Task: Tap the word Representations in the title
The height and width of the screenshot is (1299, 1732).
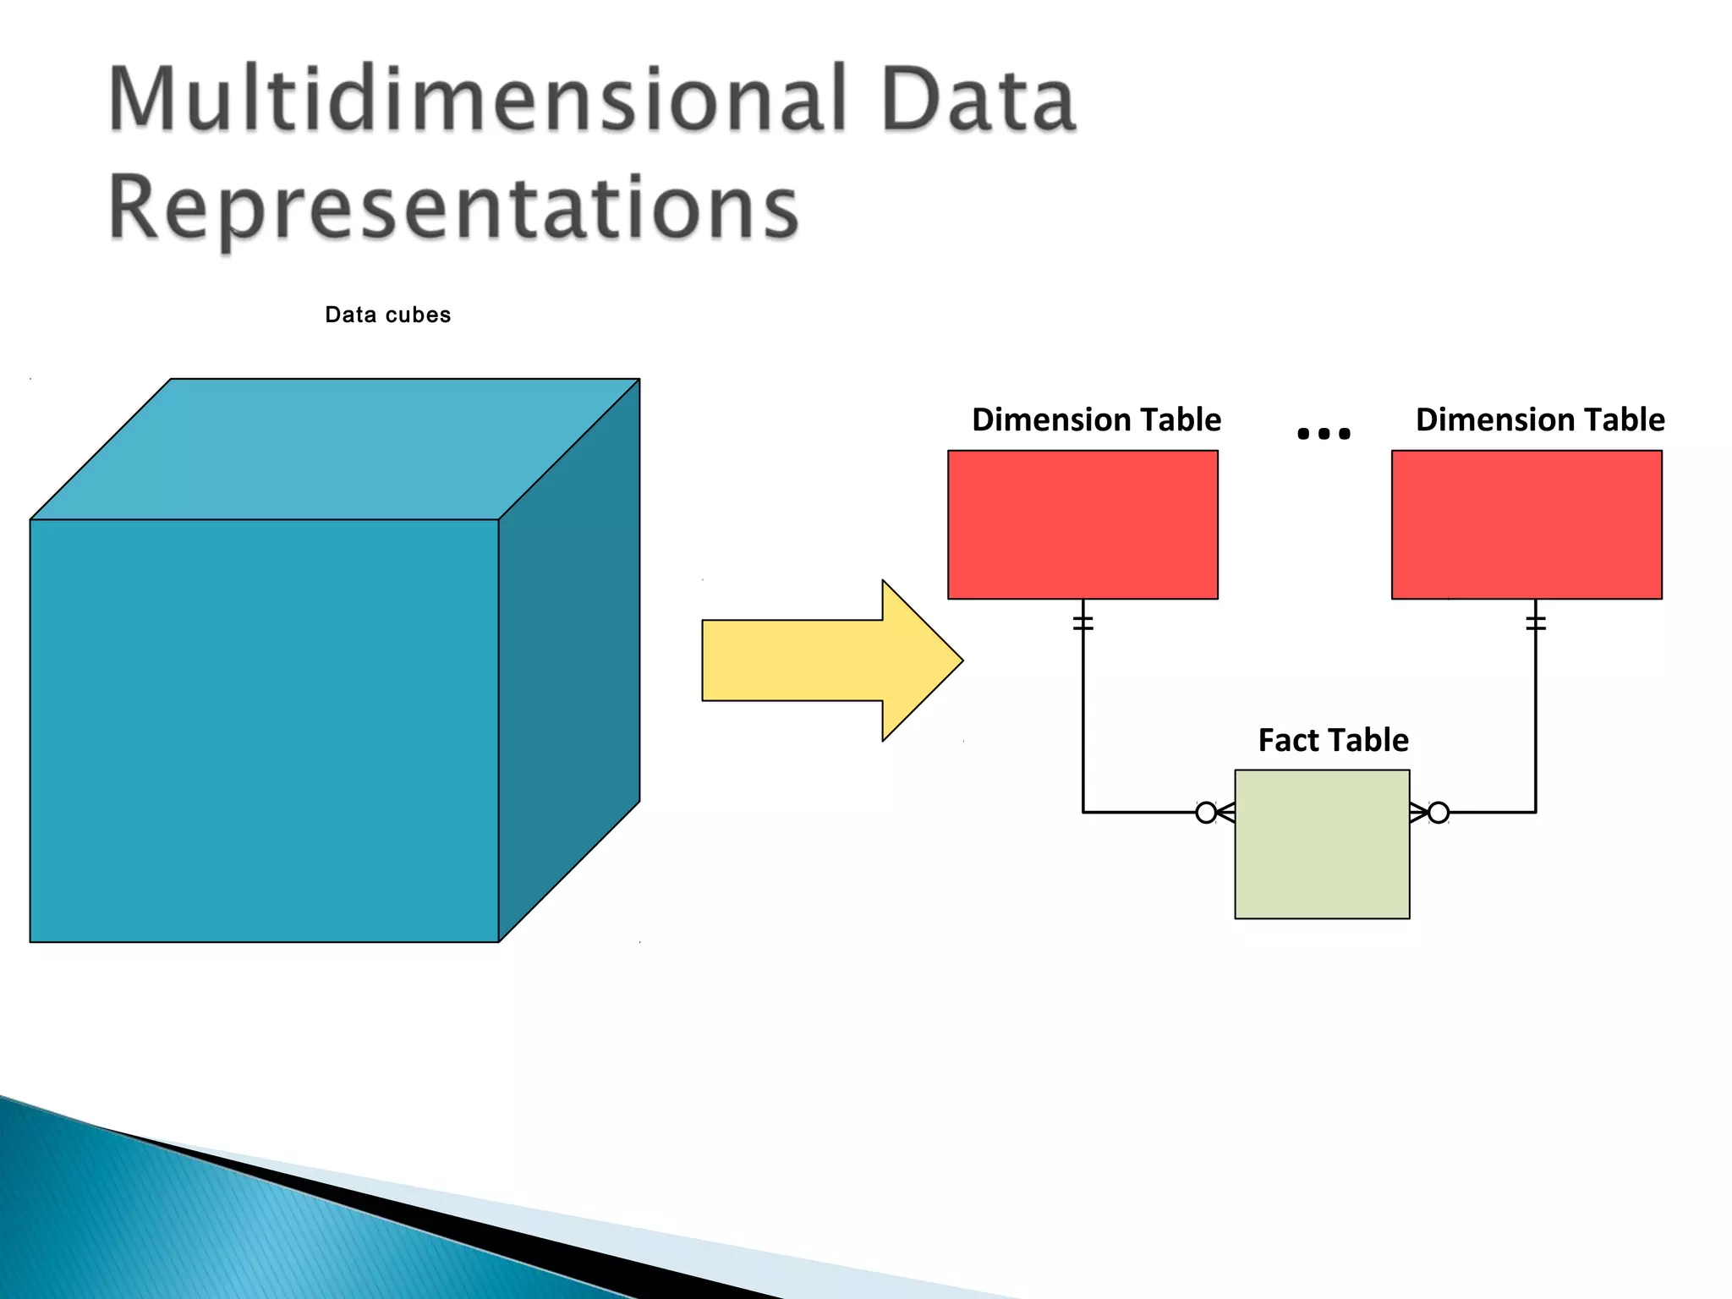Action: (x=453, y=207)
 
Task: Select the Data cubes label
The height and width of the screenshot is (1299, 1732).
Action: (x=387, y=315)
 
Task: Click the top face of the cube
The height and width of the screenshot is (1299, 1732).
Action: (x=334, y=448)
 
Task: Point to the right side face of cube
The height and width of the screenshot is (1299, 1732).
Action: (x=569, y=660)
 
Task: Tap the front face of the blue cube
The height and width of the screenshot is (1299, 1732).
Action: (x=264, y=730)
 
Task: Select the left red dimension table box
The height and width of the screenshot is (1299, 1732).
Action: (x=1082, y=524)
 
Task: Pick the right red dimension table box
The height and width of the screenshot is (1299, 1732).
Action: (x=1526, y=524)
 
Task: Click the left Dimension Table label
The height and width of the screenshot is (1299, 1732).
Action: (x=1096, y=419)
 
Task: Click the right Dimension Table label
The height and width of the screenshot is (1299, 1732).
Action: (x=1540, y=419)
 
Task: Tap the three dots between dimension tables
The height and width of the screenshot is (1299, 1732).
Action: (x=1324, y=434)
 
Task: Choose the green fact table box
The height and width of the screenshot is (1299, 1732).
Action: (x=1322, y=844)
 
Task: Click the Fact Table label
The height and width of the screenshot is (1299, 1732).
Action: (x=1333, y=740)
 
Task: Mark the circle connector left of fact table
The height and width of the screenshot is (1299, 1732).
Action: (x=1206, y=813)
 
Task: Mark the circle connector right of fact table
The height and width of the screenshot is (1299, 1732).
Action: (x=1439, y=813)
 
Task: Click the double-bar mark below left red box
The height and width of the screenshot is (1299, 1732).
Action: (x=1083, y=623)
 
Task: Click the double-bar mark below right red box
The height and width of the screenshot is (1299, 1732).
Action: (x=1536, y=623)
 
